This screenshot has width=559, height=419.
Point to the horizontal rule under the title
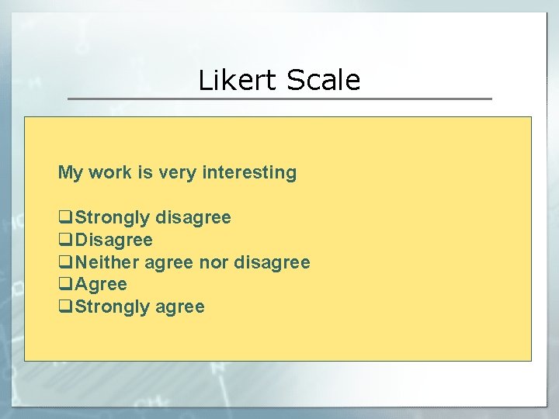click(279, 99)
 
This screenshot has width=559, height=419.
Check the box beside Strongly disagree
click(65, 218)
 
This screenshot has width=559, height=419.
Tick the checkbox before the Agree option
click(65, 285)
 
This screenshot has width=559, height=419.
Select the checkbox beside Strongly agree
click(65, 307)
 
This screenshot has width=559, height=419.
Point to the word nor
click(214, 263)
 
